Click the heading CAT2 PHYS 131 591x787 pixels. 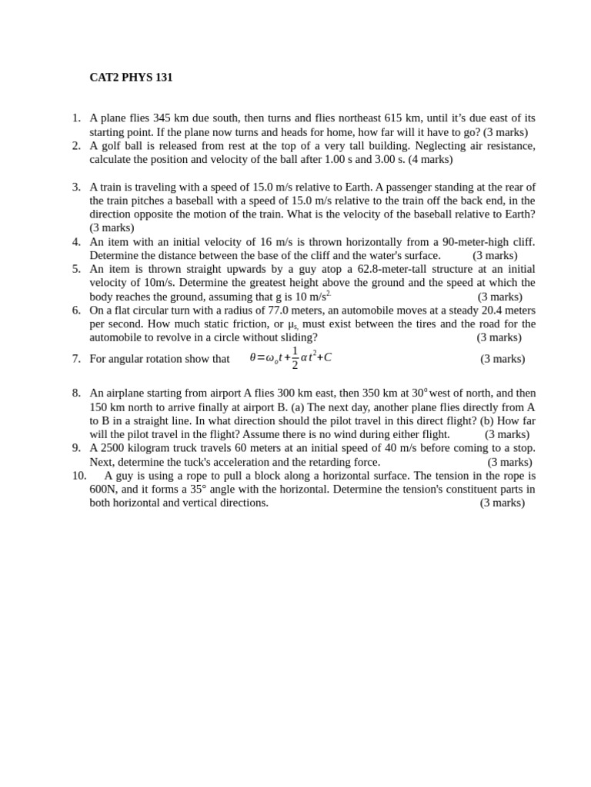tap(131, 78)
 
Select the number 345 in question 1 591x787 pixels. tap(162, 118)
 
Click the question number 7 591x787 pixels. tap(76, 359)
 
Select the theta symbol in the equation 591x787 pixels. tap(252, 357)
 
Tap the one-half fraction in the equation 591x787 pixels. tap(295, 357)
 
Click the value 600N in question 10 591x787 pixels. tap(103, 490)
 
